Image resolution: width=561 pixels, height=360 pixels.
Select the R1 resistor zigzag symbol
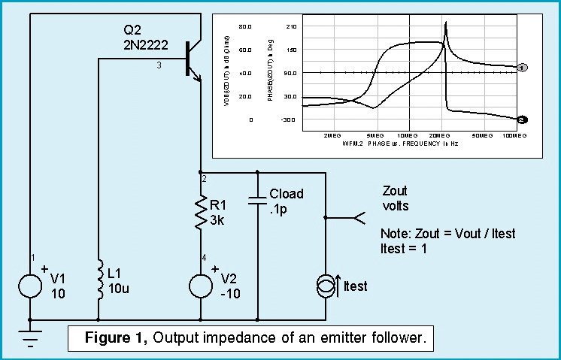tap(201, 213)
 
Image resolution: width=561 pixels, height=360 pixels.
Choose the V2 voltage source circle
tap(201, 286)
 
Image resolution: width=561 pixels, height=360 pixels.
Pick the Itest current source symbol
tap(325, 286)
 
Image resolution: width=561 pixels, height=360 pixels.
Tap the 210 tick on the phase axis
tap(292, 26)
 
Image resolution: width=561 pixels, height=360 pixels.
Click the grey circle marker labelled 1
tap(522, 68)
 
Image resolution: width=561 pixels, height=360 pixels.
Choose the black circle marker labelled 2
tap(523, 119)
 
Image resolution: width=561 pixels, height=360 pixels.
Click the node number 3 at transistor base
tap(159, 66)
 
